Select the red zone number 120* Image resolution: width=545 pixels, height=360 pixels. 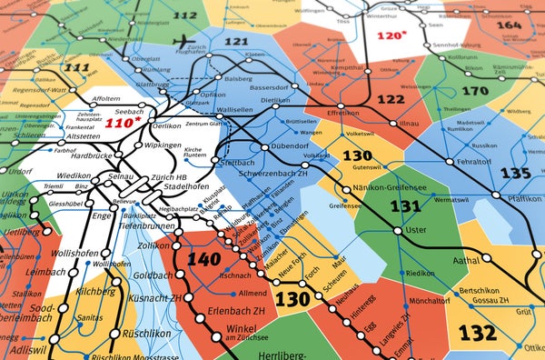click(x=391, y=35)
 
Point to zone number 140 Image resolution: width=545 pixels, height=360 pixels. click(x=203, y=259)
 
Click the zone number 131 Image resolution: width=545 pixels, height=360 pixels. click(x=405, y=205)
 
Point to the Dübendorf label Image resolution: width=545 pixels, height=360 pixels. click(x=291, y=145)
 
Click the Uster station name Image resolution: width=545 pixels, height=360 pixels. click(x=415, y=230)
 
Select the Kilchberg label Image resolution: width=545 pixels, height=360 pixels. click(x=95, y=291)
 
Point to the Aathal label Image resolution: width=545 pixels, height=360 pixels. click(x=467, y=260)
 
